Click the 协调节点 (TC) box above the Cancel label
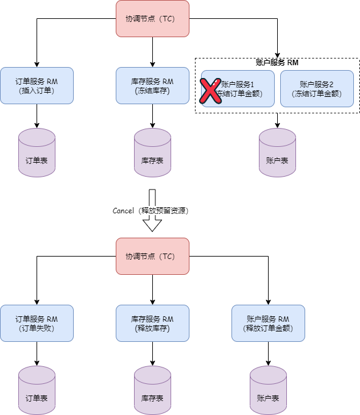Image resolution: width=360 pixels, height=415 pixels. [x=152, y=19]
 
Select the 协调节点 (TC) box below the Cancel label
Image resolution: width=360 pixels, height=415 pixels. [x=152, y=256]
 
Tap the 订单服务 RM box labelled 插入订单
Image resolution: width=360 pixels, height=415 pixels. [x=37, y=85]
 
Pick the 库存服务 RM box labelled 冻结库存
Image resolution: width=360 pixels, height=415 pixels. [x=152, y=85]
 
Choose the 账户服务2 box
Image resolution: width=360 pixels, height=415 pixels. [x=317, y=89]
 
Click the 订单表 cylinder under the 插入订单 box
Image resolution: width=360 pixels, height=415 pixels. [x=37, y=154]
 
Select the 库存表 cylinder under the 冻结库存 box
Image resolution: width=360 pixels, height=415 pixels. [x=152, y=154]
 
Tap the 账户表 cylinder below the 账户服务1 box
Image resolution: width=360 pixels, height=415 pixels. [x=277, y=154]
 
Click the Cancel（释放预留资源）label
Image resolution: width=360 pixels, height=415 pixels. [x=152, y=211]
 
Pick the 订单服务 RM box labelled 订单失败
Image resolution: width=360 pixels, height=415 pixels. [x=37, y=323]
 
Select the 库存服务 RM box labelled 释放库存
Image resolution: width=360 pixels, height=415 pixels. [x=152, y=323]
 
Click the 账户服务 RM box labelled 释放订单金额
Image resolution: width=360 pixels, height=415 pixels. [x=268, y=323]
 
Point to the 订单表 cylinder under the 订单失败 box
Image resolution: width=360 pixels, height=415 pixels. [x=37, y=391]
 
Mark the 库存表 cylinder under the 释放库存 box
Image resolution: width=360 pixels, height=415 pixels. [x=152, y=391]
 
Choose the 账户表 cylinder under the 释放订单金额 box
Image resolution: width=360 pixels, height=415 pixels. [x=268, y=391]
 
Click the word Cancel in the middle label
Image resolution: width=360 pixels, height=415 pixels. [x=124, y=211]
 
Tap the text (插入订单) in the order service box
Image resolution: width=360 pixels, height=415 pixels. [x=37, y=91]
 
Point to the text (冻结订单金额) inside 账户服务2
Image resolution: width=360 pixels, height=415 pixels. [x=317, y=94]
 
